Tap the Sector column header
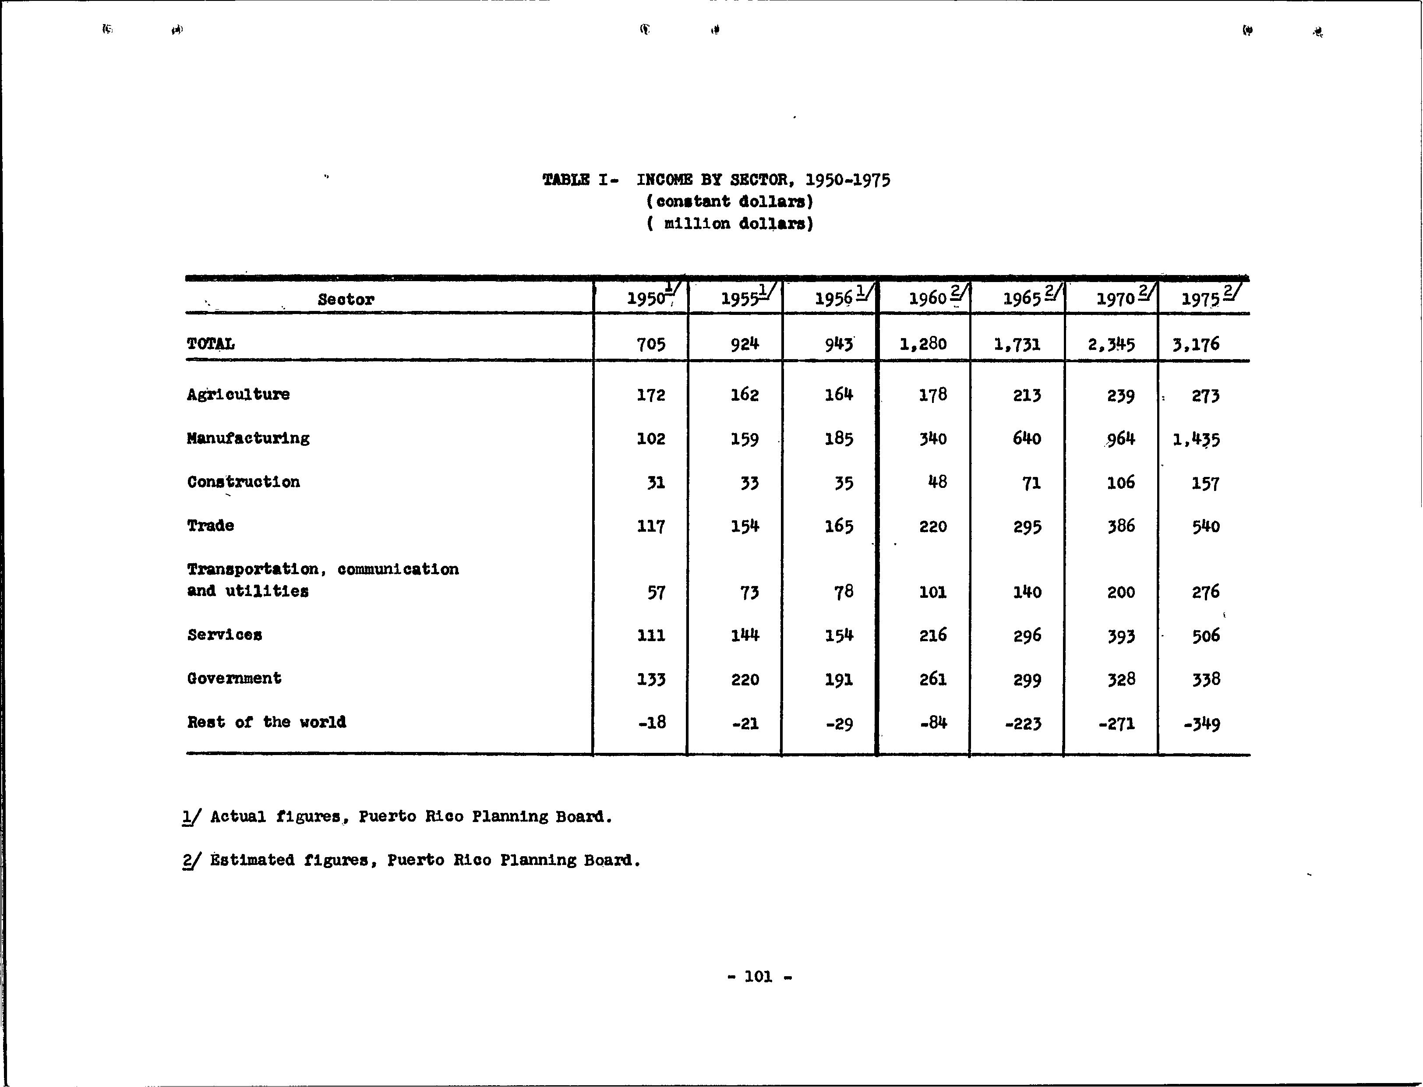pyautogui.click(x=346, y=299)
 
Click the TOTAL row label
pyautogui.click(x=211, y=343)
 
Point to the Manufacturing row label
pyautogui.click(x=248, y=438)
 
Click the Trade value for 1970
pyautogui.click(x=1121, y=526)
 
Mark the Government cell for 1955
pyautogui.click(x=745, y=679)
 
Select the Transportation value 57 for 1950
pyautogui.click(x=656, y=592)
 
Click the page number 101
pyautogui.click(x=759, y=976)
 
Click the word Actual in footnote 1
pyautogui.click(x=238, y=816)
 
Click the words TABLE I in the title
pyautogui.click(x=575, y=179)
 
